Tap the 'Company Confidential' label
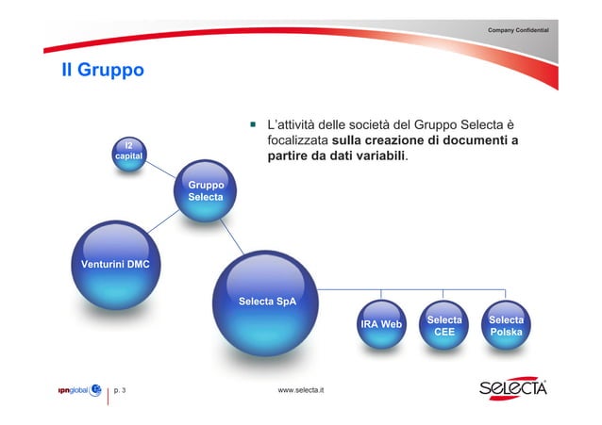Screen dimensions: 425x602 (x=525, y=32)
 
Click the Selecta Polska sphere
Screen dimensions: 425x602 (x=506, y=326)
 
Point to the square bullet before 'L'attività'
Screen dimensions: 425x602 (x=253, y=123)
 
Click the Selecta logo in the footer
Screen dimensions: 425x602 (x=512, y=388)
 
